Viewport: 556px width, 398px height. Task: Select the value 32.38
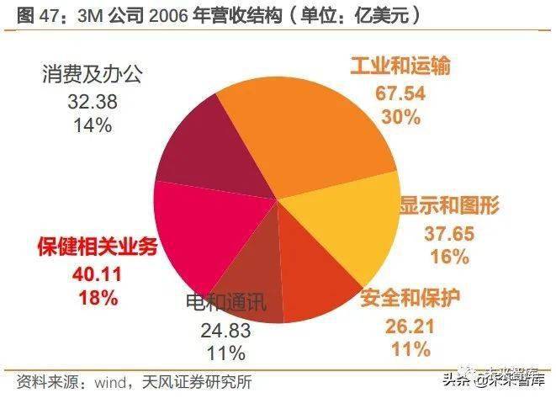(x=92, y=102)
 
